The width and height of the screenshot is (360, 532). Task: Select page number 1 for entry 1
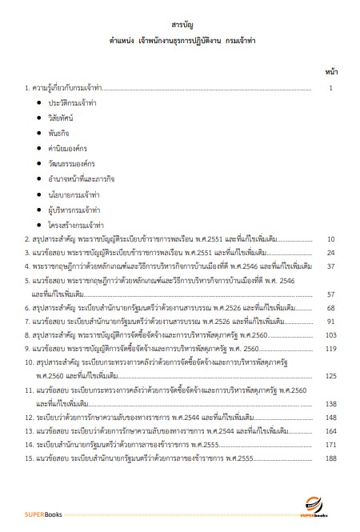click(x=330, y=89)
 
